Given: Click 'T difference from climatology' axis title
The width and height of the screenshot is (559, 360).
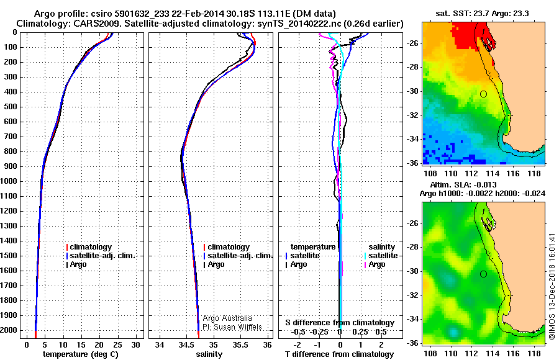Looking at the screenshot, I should pos(339,354).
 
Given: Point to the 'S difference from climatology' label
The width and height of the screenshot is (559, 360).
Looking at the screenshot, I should pos(339,323).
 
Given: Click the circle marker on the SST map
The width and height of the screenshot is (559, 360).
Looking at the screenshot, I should pos(483,94).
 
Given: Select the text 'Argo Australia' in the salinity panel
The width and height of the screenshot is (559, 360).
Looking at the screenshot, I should pos(227,318).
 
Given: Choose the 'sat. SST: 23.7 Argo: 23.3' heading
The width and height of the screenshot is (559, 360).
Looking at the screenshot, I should pos(483,14).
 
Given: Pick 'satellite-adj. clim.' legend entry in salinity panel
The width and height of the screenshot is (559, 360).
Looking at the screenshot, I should pos(239,256).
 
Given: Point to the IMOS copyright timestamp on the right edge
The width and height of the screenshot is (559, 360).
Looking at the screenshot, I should pos(552,287).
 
